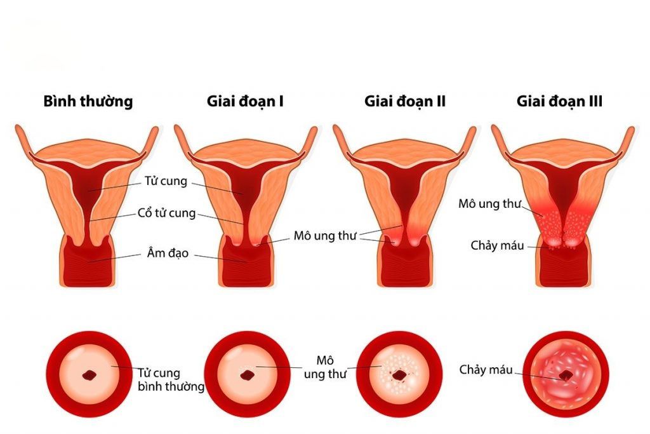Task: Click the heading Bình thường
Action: [x=88, y=101]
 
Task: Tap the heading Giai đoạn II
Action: [x=405, y=101]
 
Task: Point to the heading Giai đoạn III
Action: [x=559, y=101]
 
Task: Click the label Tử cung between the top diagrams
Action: [x=166, y=181]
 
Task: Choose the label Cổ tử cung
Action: [x=166, y=213]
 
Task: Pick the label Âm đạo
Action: [x=166, y=253]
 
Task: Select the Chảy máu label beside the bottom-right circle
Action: [x=486, y=370]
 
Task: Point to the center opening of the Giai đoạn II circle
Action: [x=399, y=376]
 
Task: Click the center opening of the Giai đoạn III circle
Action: [x=564, y=376]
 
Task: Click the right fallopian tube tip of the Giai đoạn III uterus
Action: [x=630, y=132]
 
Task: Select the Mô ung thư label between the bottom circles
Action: [x=325, y=367]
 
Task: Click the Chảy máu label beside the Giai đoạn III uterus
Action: [x=498, y=245]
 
